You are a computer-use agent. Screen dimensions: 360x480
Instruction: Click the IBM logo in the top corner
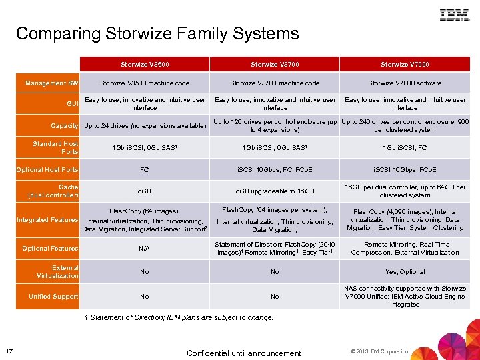click(454, 15)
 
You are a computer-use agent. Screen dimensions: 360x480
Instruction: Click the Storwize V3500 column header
click(145, 65)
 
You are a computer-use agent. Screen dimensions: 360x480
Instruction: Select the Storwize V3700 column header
click(275, 65)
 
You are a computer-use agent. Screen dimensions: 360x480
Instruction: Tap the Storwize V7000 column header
click(405, 65)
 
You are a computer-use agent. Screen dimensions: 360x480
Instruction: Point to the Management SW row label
click(52, 83)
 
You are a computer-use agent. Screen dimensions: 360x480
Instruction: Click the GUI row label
click(73, 104)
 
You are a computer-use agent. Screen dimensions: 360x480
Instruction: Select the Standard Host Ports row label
click(56, 147)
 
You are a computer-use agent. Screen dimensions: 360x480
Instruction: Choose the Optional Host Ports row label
click(47, 170)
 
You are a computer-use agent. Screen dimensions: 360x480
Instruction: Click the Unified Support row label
click(53, 296)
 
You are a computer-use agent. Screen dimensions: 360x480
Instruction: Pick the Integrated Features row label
click(47, 219)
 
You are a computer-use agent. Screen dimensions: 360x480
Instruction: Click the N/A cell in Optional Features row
click(145, 249)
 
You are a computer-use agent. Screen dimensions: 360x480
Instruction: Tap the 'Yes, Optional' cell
click(405, 272)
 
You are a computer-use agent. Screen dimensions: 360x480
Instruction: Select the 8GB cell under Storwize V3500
click(145, 191)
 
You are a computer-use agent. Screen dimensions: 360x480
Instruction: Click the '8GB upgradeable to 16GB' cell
click(275, 191)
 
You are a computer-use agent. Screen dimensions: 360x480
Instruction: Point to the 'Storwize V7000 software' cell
click(405, 83)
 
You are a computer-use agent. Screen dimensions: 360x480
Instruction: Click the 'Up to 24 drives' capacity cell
click(145, 126)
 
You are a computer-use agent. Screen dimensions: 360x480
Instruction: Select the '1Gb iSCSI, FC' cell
click(405, 148)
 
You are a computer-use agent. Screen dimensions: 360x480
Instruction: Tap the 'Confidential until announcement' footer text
click(244, 353)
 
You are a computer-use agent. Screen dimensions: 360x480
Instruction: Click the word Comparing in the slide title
click(52, 33)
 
